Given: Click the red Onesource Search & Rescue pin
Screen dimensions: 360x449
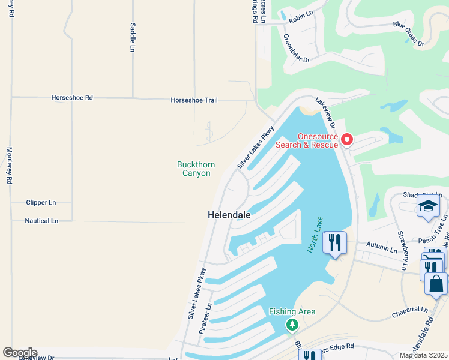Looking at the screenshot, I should [347, 140].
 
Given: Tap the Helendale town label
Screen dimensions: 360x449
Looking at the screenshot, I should [229, 214].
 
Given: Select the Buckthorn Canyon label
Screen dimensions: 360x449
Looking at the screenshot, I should [194, 169].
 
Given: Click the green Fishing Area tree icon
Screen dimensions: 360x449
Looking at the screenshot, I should [292, 325].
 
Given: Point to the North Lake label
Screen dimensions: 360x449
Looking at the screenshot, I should [316, 234].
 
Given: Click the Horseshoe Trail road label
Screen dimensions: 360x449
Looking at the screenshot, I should [194, 100].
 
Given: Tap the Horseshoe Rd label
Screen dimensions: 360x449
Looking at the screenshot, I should [72, 97].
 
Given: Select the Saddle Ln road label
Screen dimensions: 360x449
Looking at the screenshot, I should [132, 37].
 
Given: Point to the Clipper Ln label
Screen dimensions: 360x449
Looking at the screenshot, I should [41, 203].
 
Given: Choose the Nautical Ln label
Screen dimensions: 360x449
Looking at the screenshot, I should [41, 221].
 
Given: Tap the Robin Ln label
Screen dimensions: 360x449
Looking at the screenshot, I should [301, 19].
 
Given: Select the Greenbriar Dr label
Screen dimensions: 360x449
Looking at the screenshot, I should [296, 48].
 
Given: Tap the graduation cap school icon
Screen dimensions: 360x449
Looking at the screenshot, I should [428, 206].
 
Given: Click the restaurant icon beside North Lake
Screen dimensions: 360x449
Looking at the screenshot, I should [334, 243].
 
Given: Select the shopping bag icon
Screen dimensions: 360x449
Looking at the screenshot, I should [436, 284].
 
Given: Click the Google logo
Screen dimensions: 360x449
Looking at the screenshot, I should [20, 353].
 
